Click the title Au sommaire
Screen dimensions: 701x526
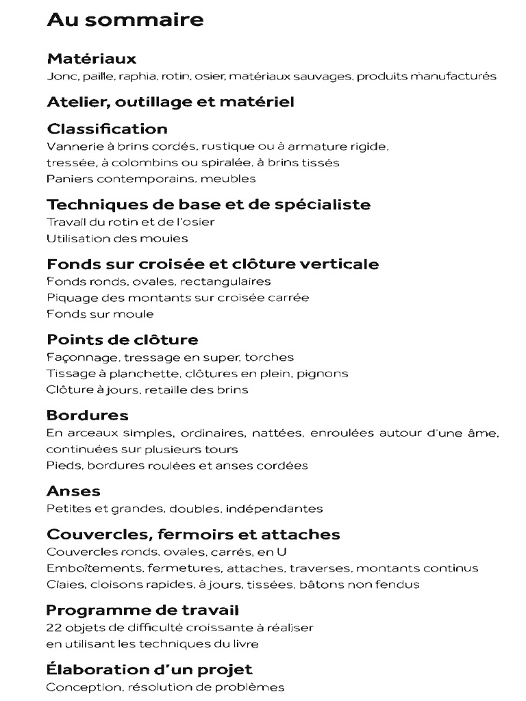point(125,20)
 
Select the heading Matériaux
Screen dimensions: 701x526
point(91,59)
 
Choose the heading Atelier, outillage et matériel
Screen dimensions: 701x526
point(171,102)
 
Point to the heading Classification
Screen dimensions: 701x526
point(107,129)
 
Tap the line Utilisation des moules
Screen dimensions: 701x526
point(117,239)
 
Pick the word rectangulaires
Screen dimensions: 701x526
point(228,281)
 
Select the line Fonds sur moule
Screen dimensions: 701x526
point(100,314)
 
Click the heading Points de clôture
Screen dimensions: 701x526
point(122,340)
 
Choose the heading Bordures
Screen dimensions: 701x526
point(87,415)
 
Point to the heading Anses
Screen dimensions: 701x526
point(73,491)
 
